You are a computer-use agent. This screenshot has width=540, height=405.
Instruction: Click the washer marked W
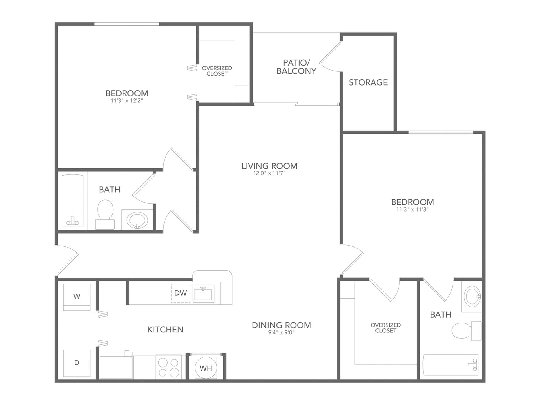point(77,297)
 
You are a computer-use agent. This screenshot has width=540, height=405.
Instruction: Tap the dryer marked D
point(77,363)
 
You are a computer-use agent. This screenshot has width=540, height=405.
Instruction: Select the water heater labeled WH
point(206,368)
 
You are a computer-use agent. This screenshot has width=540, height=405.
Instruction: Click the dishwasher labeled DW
point(181,293)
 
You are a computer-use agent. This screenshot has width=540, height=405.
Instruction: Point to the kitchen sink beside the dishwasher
point(203,294)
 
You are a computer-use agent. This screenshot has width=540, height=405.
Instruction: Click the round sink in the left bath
point(137,220)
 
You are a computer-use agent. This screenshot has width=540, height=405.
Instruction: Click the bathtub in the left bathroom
point(73,201)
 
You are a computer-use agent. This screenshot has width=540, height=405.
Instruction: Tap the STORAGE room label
point(368,82)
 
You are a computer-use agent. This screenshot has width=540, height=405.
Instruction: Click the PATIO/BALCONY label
point(296,67)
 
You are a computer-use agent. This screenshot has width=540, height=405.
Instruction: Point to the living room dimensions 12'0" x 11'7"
point(269,174)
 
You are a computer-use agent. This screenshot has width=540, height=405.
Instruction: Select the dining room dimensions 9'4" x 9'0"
point(281,332)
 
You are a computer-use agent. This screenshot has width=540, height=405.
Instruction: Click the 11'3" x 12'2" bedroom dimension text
point(127,101)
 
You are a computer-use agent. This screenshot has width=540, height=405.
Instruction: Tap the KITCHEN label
point(165,330)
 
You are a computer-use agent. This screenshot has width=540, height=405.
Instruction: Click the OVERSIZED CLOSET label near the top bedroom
point(217,71)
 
